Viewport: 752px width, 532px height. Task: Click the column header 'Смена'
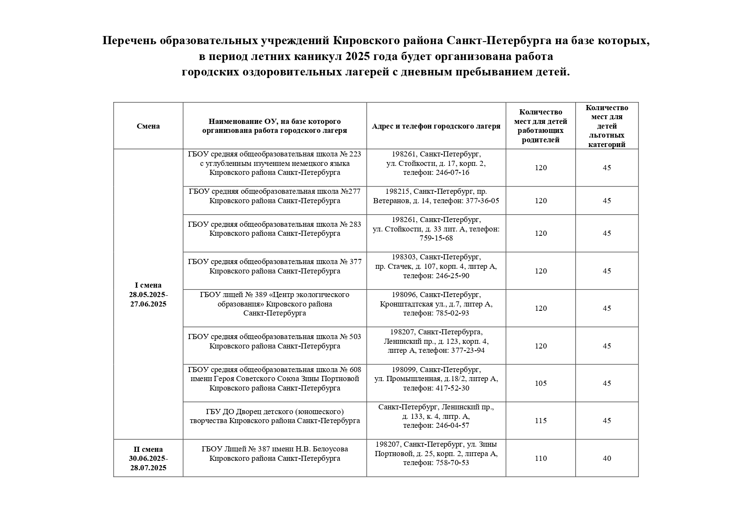click(148, 126)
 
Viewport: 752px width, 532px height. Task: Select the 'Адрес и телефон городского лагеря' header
click(436, 126)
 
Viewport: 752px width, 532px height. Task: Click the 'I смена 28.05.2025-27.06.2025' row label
click(148, 295)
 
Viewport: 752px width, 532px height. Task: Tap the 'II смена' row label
click(148, 449)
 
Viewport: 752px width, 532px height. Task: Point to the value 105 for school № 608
click(541, 383)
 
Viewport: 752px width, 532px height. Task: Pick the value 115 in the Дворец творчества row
click(541, 421)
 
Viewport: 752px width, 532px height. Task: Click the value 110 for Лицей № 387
click(541, 458)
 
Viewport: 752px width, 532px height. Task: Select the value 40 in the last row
click(607, 458)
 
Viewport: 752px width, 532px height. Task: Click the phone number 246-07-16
click(452, 173)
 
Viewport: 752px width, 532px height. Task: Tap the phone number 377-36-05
click(482, 201)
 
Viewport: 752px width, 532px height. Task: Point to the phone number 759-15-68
click(436, 238)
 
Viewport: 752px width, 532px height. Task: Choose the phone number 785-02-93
click(452, 313)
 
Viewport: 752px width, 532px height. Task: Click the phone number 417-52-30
click(452, 388)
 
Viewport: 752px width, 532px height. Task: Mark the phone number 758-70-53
click(452, 463)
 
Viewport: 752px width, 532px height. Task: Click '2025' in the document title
click(357, 57)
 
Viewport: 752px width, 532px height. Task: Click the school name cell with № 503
click(275, 341)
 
